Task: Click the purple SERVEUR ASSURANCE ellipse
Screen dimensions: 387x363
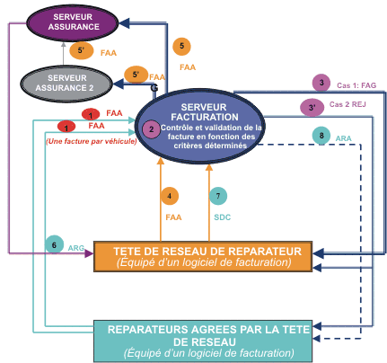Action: (x=73, y=22)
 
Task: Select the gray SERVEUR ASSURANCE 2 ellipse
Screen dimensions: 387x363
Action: (x=66, y=84)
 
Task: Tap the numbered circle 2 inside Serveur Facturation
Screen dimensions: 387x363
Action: (x=151, y=129)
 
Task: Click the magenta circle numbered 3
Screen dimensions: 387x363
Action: (x=321, y=83)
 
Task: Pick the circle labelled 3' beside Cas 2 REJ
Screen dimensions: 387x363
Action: (x=312, y=107)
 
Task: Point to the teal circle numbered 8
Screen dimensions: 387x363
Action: (x=321, y=136)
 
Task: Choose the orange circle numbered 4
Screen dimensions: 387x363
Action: (x=170, y=196)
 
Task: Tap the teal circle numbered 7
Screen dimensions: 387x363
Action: (x=218, y=196)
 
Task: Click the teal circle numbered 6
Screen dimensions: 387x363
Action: (x=54, y=244)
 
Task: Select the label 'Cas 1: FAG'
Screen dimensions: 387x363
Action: (x=356, y=85)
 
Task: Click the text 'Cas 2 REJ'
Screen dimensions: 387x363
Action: (x=347, y=104)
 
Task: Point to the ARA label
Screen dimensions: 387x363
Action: (x=343, y=138)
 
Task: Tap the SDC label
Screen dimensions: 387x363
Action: (x=223, y=217)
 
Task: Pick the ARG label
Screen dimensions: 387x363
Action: (x=76, y=248)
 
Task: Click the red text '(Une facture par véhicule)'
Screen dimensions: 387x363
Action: (x=92, y=141)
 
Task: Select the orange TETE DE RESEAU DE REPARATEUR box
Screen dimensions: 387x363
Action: (x=203, y=256)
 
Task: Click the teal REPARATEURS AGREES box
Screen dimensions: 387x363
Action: (x=203, y=341)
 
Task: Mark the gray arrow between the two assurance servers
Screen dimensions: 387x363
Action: (x=63, y=54)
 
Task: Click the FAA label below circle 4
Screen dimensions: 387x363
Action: (x=173, y=217)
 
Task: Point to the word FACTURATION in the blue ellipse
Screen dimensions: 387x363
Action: (x=205, y=117)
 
